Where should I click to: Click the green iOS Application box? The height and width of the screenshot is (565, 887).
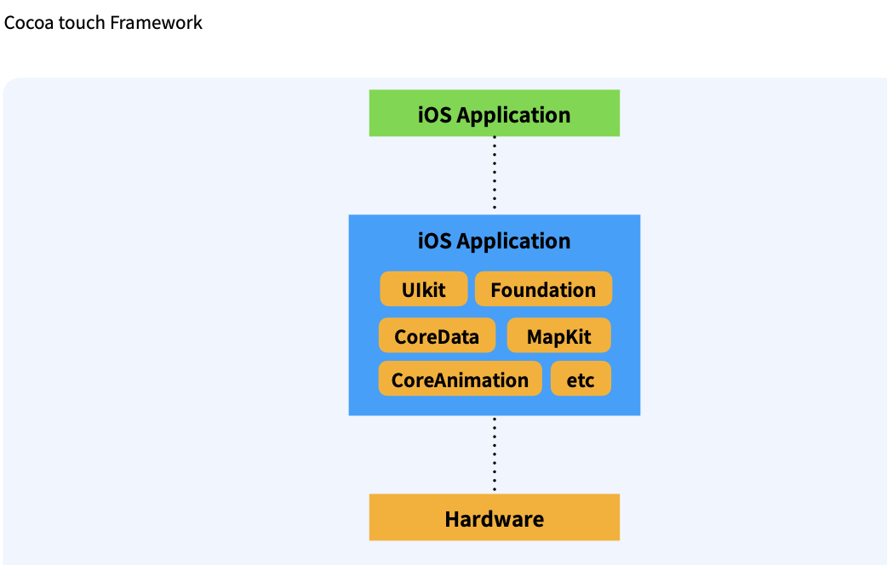494,113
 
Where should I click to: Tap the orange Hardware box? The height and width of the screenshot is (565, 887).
494,517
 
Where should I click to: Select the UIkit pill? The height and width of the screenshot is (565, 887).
424,289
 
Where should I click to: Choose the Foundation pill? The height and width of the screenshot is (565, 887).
543,289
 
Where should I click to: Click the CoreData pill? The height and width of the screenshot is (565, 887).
437,336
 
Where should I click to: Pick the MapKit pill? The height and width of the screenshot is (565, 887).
558,336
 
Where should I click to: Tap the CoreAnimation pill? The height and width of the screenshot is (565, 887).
460,380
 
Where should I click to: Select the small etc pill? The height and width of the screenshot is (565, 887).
581,380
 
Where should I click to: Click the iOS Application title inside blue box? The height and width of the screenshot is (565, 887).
494,241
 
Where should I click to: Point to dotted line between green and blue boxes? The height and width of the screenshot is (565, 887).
494,174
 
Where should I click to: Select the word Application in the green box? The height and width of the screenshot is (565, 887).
513,115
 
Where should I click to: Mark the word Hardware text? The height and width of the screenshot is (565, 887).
494,519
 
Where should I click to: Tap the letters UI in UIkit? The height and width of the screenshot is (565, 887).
410,290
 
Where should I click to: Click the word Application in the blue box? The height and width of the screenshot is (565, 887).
513,242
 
